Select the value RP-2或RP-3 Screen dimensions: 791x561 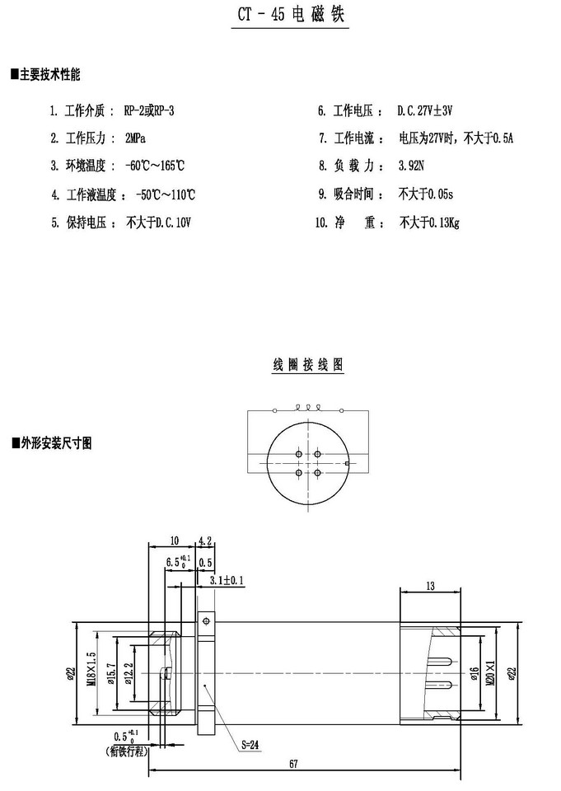[x=150, y=110]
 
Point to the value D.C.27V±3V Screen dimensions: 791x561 [x=426, y=110]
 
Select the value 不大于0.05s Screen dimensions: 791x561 [x=426, y=194]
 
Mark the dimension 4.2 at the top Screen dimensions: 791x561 [x=206, y=541]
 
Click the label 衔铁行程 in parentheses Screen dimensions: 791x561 [x=125, y=751]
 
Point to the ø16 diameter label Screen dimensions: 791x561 [x=475, y=675]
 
